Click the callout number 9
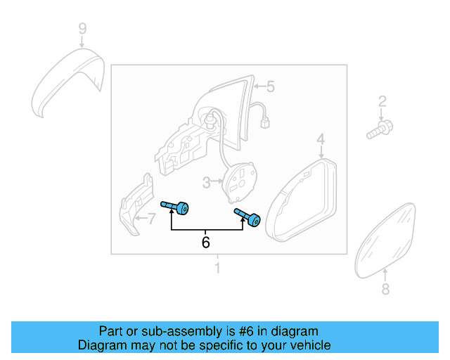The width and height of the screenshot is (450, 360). coord(82,29)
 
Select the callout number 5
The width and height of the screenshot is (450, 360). coord(270,86)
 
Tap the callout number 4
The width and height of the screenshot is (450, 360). coord(320,139)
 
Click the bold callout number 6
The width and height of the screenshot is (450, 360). coord(206,242)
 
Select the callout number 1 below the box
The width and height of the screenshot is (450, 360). coord(217,268)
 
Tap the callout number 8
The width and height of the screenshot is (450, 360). coord(385,289)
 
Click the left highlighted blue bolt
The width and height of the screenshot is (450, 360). coord(176,207)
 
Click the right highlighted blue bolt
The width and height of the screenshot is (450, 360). coord(247,219)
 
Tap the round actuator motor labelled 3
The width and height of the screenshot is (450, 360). coord(240,181)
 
